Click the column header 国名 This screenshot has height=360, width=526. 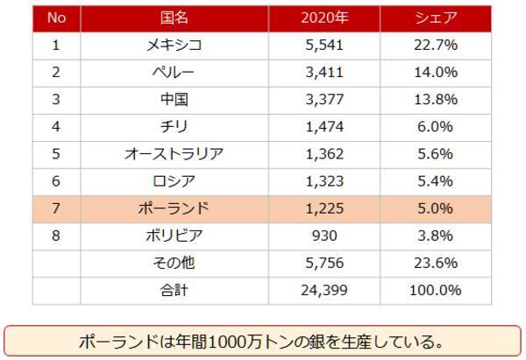coord(174,18)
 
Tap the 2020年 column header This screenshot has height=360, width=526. coord(325,18)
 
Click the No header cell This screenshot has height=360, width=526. coord(56,18)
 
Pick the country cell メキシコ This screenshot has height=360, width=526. coord(174,46)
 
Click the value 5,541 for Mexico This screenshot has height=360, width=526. coord(325,46)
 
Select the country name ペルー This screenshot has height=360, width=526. coord(174,73)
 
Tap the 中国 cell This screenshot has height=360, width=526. coord(174,100)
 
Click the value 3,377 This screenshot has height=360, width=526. coord(325,100)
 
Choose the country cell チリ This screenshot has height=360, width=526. coord(174,127)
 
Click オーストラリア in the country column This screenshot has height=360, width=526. coord(174,154)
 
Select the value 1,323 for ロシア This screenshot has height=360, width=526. coord(325,181)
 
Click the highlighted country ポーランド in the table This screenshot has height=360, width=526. coord(174,208)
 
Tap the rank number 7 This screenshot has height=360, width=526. coord(56,208)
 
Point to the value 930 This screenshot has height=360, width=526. coord(325,236)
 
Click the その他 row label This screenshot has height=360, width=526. coord(174,263)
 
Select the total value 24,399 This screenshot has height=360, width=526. coord(325,290)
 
